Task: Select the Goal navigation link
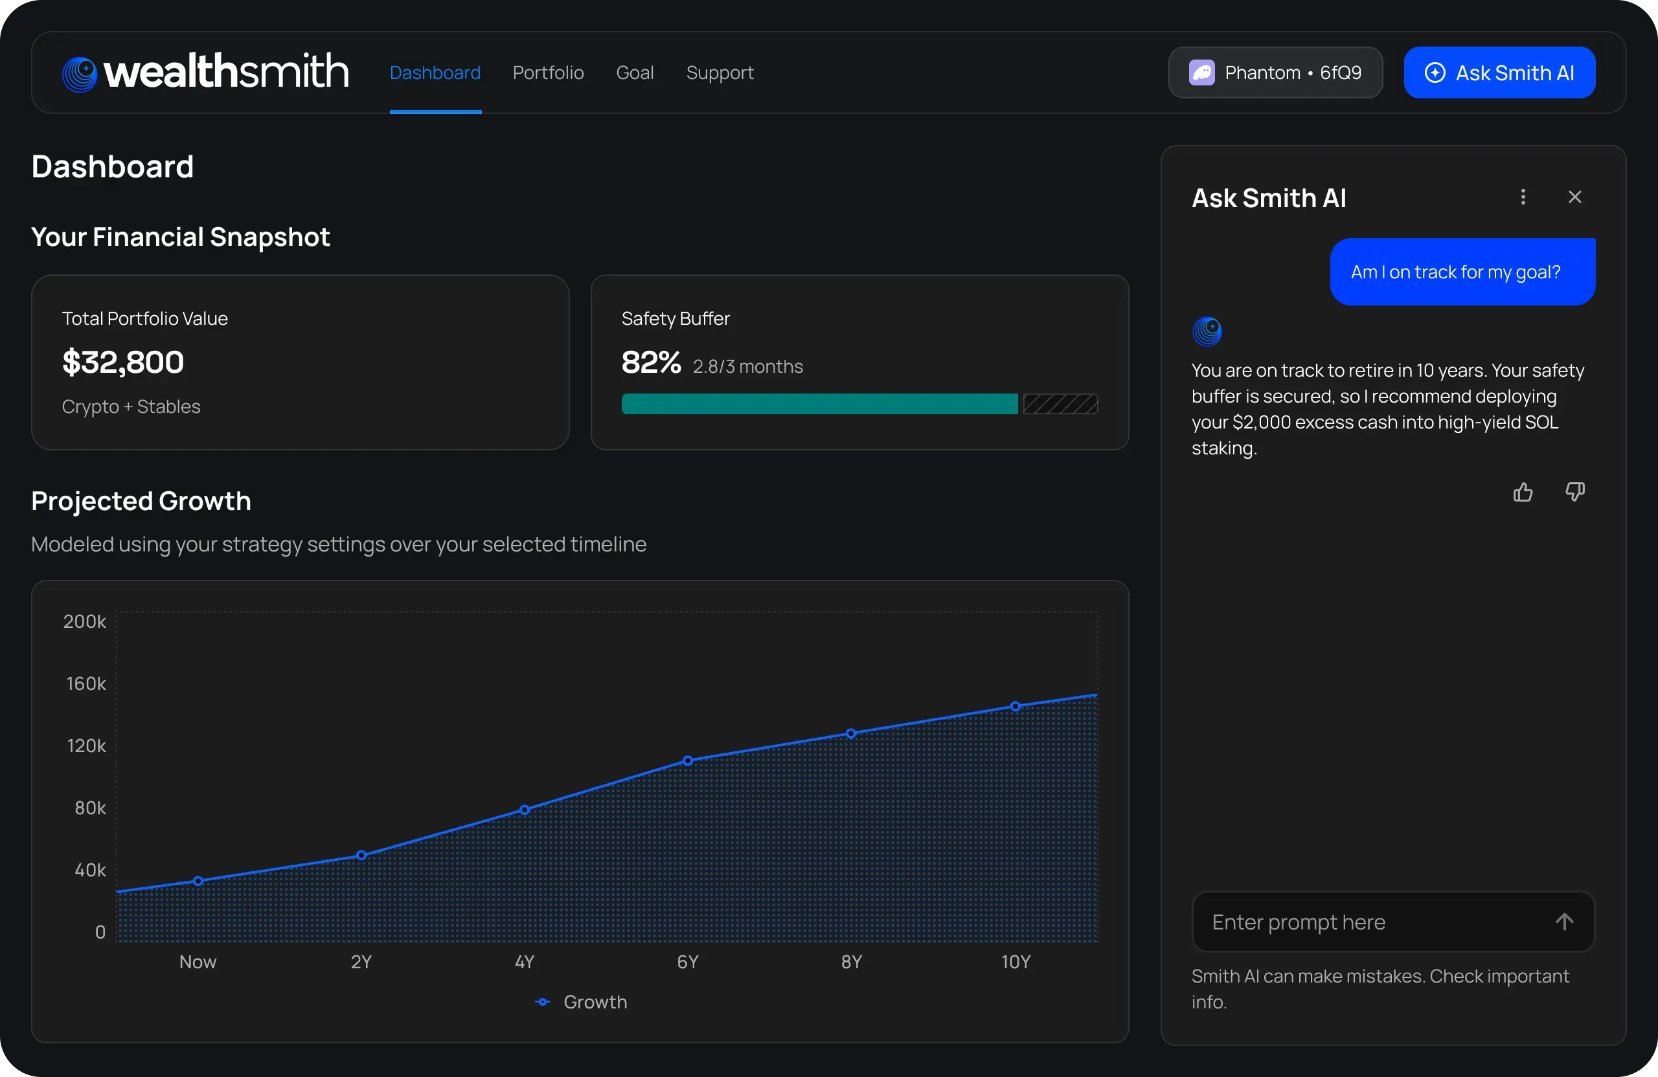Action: click(634, 72)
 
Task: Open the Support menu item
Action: click(719, 72)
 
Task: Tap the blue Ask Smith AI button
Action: click(1499, 72)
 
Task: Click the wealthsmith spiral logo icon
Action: click(80, 74)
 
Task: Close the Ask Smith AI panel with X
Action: click(1574, 197)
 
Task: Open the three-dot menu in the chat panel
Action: click(1522, 197)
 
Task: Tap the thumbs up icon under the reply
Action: click(1522, 492)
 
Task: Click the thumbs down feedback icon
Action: click(1574, 492)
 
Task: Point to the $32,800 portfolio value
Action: click(123, 362)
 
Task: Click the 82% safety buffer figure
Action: click(651, 362)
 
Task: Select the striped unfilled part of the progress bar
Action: click(1060, 404)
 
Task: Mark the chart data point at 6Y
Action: click(688, 761)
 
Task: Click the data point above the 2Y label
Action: click(361, 855)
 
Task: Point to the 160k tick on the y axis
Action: click(85, 683)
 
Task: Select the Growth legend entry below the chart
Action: click(582, 1002)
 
